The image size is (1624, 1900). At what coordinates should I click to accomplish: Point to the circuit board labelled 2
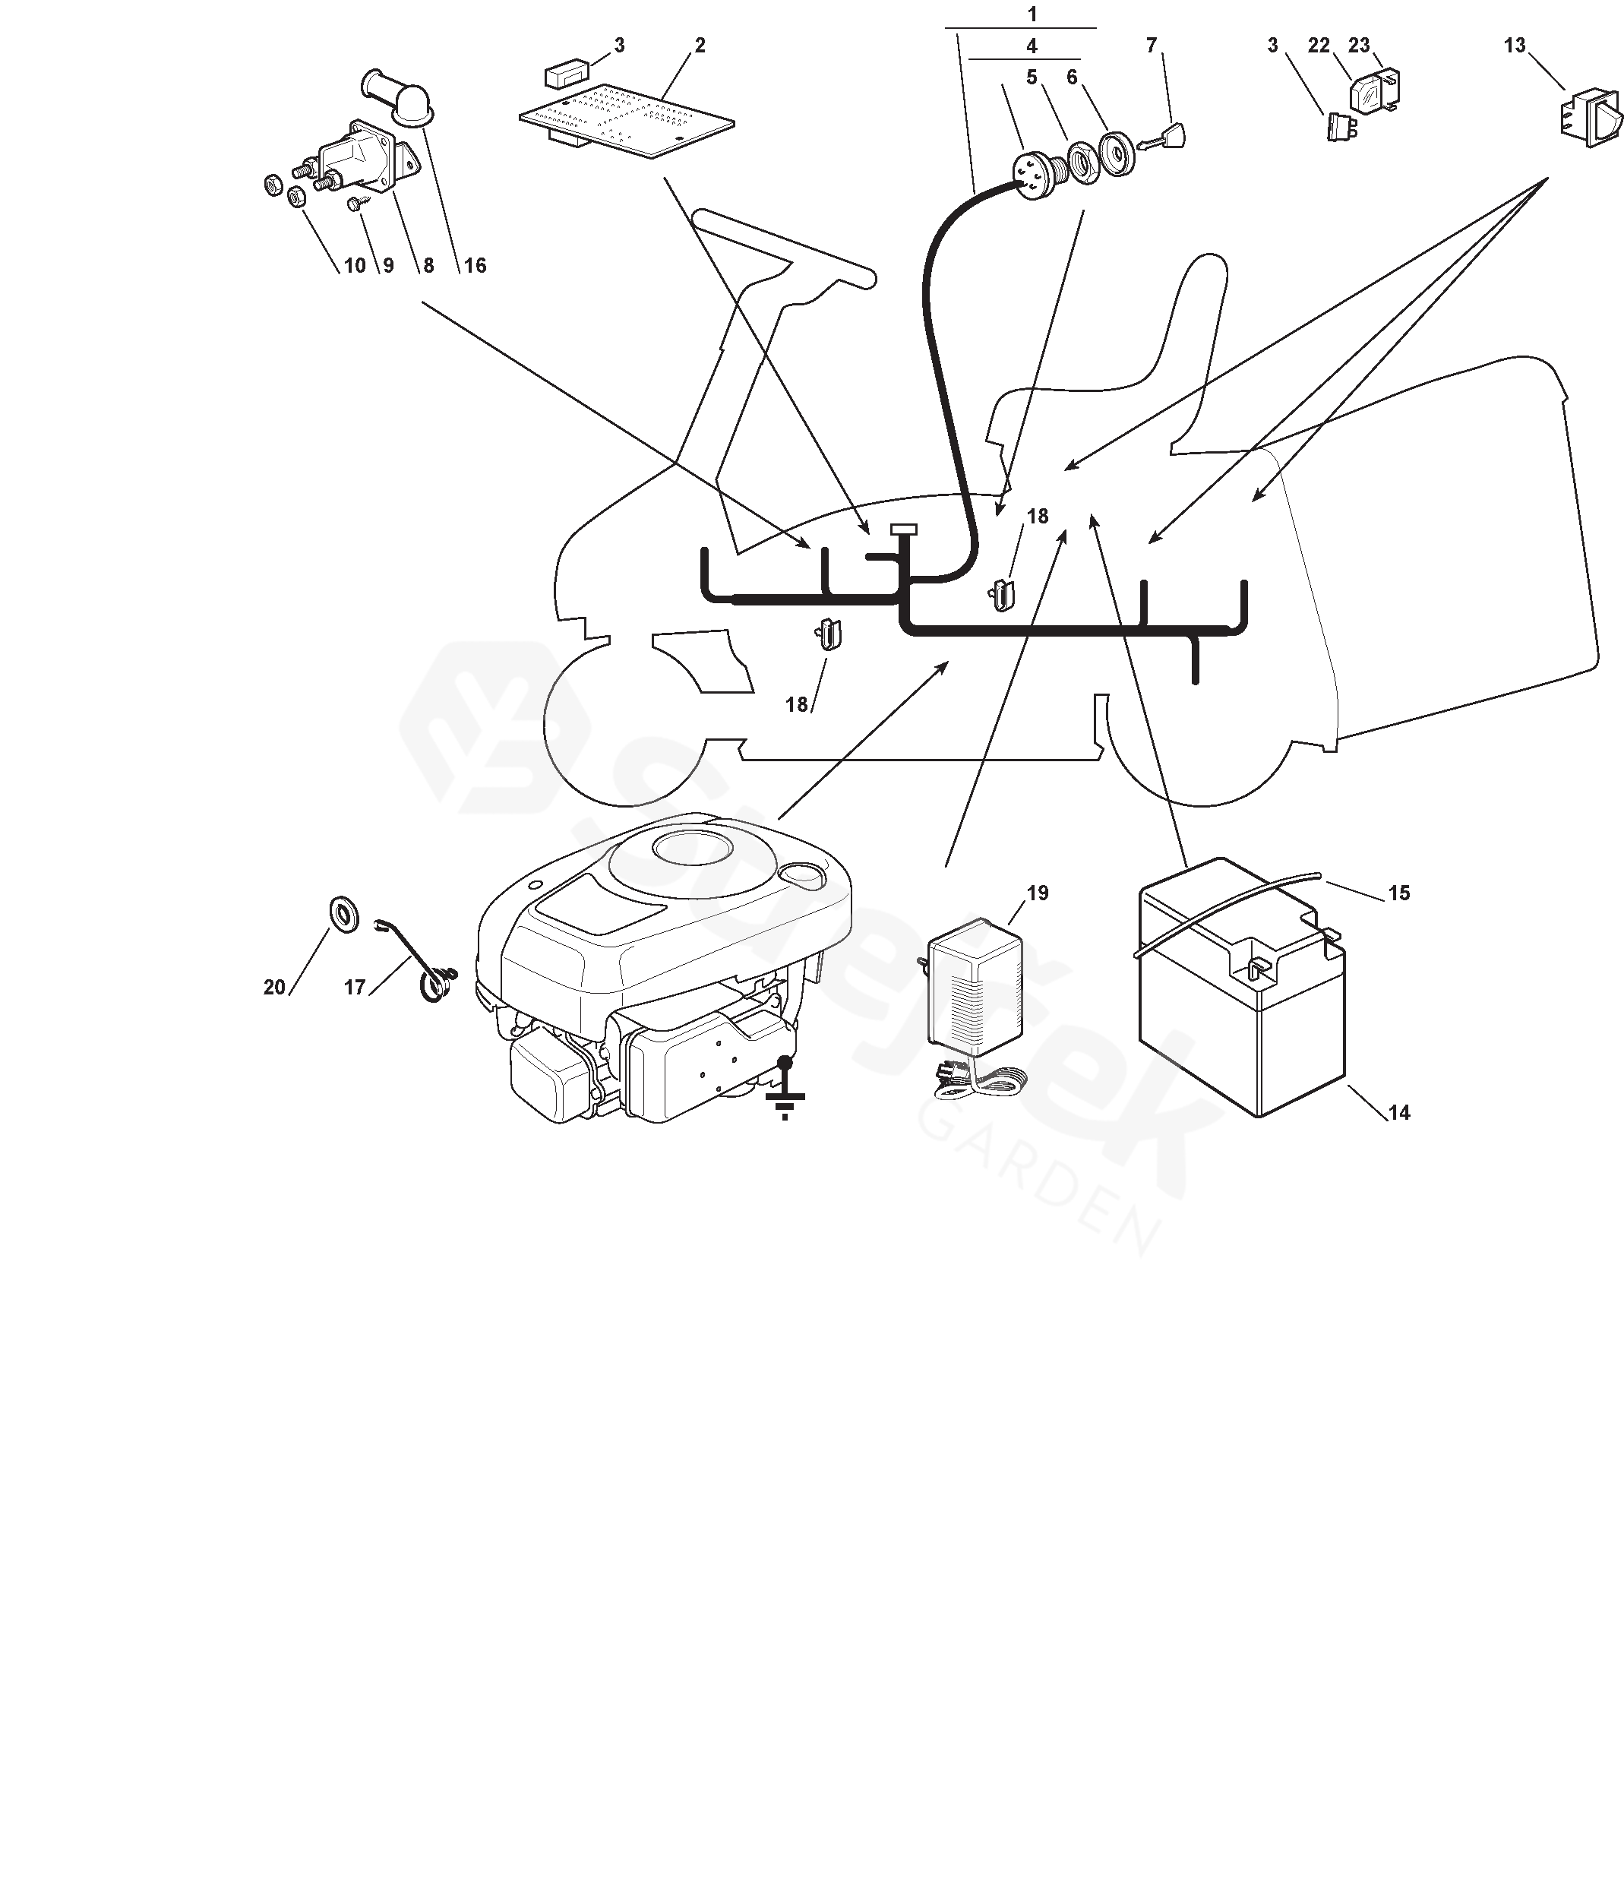pyautogui.click(x=627, y=119)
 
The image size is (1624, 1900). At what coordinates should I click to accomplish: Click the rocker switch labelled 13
pyautogui.click(x=1589, y=118)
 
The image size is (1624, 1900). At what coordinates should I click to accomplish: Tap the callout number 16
pyautogui.click(x=474, y=266)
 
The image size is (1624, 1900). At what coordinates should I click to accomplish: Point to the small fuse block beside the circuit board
pyautogui.click(x=566, y=74)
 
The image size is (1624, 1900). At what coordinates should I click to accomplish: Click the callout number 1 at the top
pyautogui.click(x=1032, y=14)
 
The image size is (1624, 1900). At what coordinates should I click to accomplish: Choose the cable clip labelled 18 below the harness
pyautogui.click(x=829, y=633)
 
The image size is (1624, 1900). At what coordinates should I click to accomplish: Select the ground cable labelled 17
pyautogui.click(x=422, y=963)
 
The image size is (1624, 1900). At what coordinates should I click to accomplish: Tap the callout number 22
pyautogui.click(x=1318, y=45)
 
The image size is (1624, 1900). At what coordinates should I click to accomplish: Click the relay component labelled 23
pyautogui.click(x=1376, y=90)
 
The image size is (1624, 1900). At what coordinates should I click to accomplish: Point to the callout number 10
pyautogui.click(x=354, y=266)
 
